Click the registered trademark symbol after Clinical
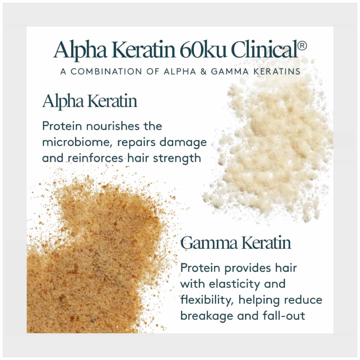[302, 46]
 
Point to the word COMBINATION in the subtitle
[106, 71]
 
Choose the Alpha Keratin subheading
[90, 101]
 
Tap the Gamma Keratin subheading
[236, 243]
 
